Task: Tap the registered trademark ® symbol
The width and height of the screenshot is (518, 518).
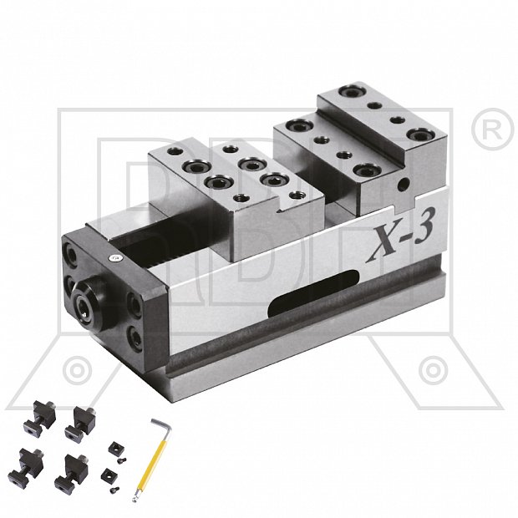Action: (x=492, y=129)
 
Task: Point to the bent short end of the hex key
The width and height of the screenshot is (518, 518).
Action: (x=163, y=425)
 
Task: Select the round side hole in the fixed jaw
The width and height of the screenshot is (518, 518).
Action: (x=403, y=185)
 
